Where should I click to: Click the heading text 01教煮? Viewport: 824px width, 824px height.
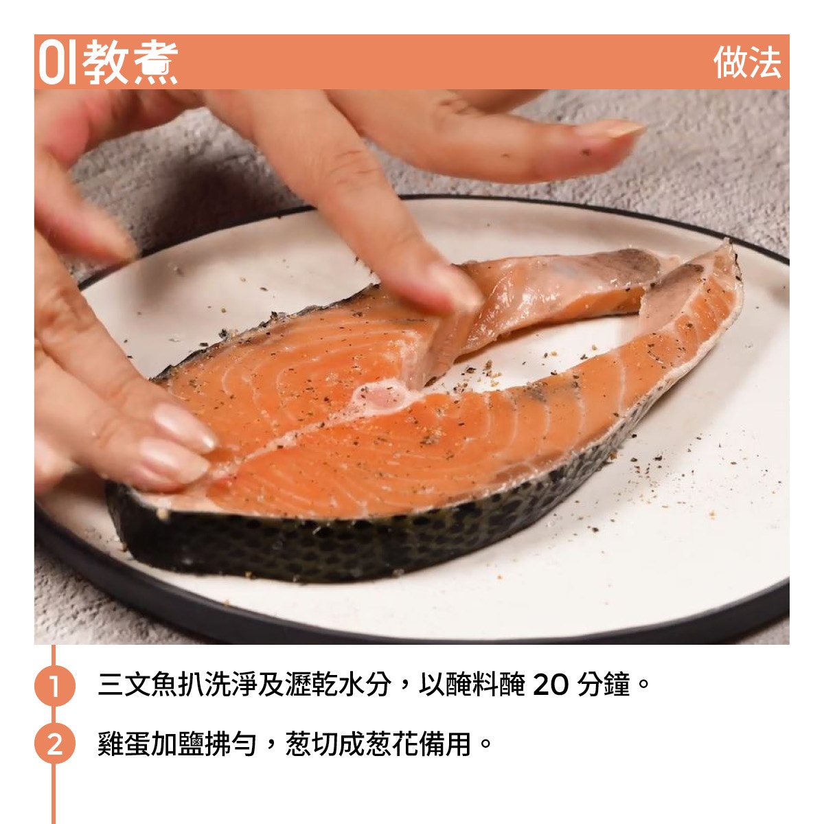click(108, 62)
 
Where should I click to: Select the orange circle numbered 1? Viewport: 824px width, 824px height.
click(54, 686)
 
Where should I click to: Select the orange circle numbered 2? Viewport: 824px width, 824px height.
click(54, 743)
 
